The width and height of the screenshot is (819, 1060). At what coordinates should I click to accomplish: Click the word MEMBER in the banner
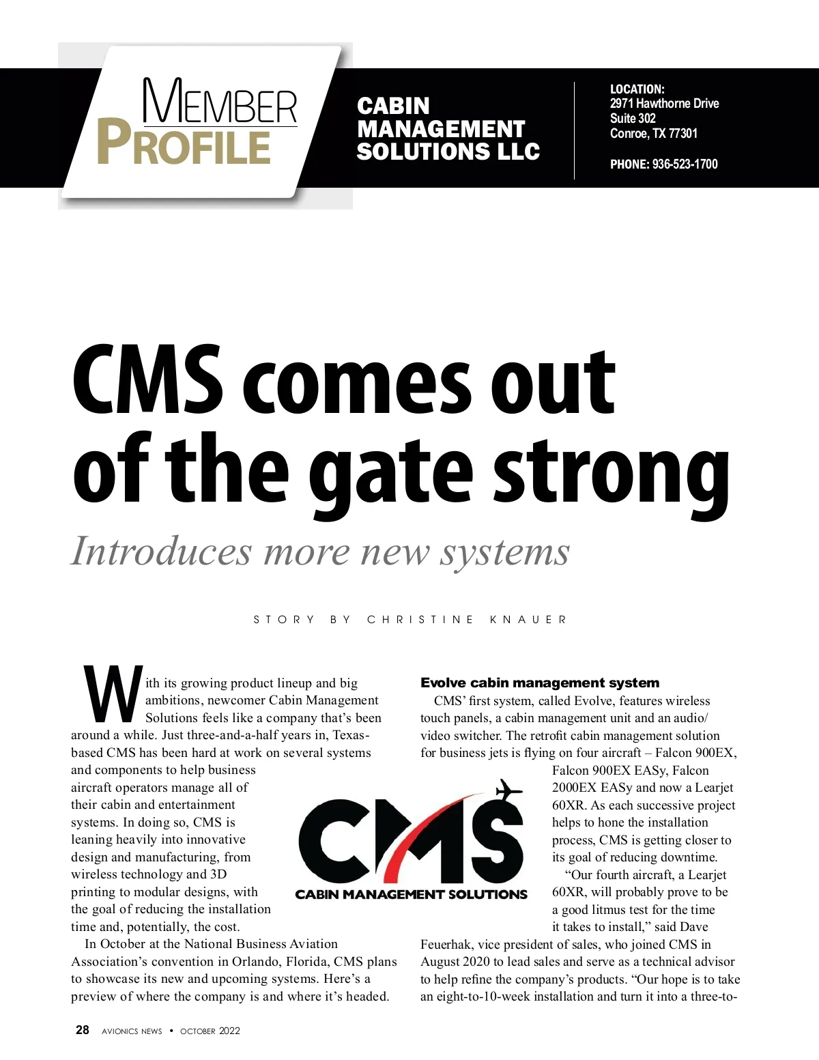coord(220,102)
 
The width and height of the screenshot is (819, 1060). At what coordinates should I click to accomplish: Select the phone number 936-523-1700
coord(685,164)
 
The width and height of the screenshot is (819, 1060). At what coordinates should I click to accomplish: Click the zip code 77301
coord(683,133)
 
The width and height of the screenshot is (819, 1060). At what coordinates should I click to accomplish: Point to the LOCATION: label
coord(637,89)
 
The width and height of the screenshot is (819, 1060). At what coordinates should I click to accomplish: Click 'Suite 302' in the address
coord(633,118)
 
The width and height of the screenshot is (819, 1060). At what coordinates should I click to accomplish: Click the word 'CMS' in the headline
coord(147,382)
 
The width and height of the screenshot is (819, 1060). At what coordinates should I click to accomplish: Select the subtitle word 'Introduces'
coord(161,552)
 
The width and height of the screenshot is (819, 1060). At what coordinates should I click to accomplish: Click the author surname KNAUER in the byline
coord(528,620)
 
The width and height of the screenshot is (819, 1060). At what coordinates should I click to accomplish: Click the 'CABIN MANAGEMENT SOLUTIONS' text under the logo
coord(411,894)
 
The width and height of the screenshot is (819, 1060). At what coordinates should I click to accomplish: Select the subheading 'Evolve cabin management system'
coord(540,683)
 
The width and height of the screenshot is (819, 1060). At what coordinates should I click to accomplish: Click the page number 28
coord(83,1030)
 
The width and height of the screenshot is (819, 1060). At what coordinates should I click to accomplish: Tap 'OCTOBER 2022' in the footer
coord(210,1031)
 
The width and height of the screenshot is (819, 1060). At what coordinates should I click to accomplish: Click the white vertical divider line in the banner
coord(574,130)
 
